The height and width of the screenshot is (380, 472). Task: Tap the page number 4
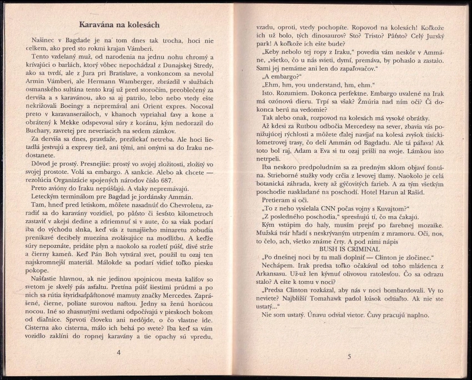point(118,353)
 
